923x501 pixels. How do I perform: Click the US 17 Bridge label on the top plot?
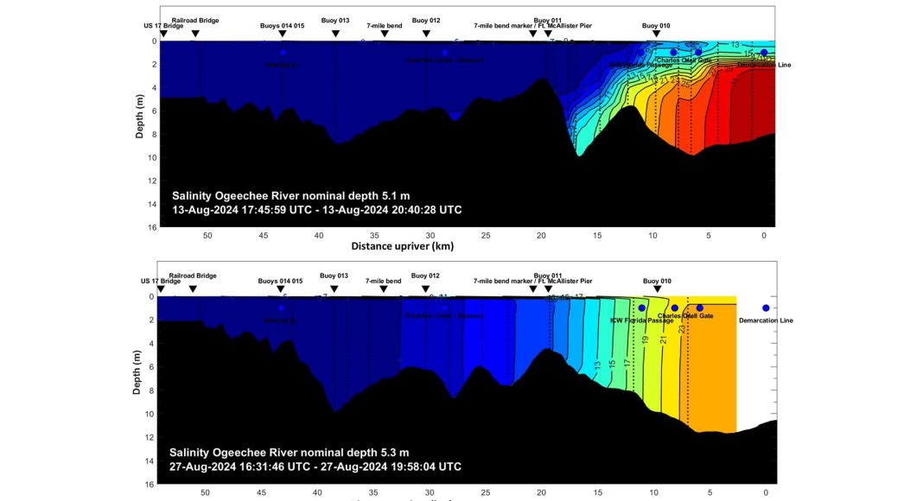163,26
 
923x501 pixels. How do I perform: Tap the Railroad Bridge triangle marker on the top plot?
195,34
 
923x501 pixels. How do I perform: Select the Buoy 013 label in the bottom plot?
334,276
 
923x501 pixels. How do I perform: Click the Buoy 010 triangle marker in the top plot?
657,34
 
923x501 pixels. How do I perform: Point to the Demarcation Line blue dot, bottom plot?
766,308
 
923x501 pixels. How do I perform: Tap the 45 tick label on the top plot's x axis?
264,236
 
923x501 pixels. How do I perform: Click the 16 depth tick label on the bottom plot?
149,485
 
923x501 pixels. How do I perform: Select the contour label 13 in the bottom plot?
597,365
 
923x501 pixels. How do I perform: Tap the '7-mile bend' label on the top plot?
385,26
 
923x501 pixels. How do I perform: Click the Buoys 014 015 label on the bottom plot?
281,281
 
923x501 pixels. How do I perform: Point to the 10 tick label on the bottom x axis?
654,492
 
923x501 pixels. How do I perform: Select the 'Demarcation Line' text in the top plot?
764,65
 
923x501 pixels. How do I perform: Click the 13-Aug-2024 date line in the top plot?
317,210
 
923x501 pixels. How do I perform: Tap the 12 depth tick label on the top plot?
150,181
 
